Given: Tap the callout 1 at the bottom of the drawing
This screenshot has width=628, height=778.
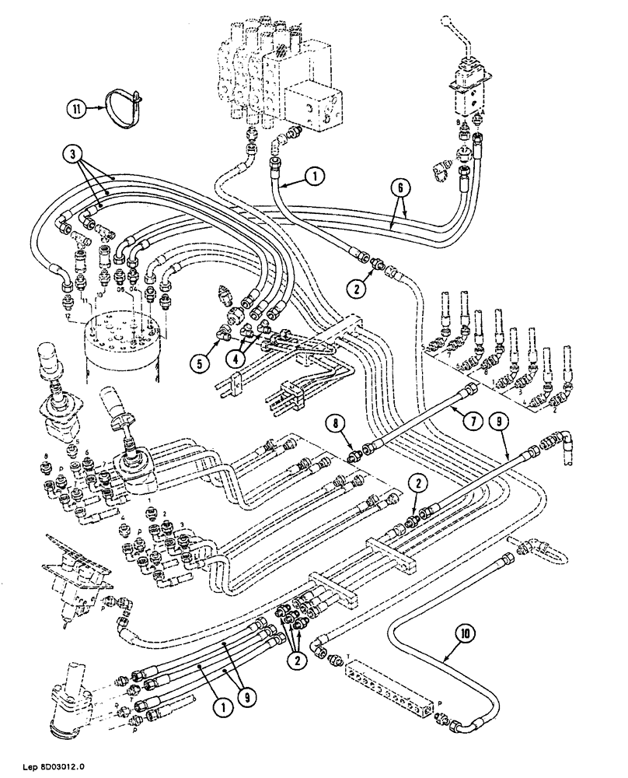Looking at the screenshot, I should [x=220, y=706].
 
